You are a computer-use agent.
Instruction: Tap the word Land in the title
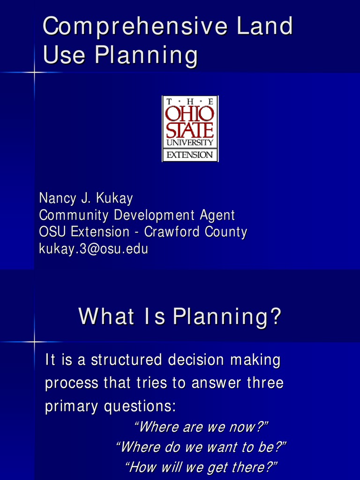265,26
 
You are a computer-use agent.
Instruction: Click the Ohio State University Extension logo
190,128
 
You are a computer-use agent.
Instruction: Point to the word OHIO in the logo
190,113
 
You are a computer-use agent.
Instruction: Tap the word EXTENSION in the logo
190,155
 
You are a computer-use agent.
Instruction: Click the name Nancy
57,198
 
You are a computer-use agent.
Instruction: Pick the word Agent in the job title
217,215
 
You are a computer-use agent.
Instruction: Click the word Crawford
172,232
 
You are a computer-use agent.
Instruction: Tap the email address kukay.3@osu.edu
93,248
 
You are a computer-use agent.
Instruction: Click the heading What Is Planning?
180,316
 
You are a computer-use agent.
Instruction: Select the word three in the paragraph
265,383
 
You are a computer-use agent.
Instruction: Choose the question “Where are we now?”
201,427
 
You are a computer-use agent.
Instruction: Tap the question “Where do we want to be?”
201,447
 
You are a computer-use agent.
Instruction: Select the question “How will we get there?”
201,467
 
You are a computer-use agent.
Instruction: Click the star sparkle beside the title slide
34,72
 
